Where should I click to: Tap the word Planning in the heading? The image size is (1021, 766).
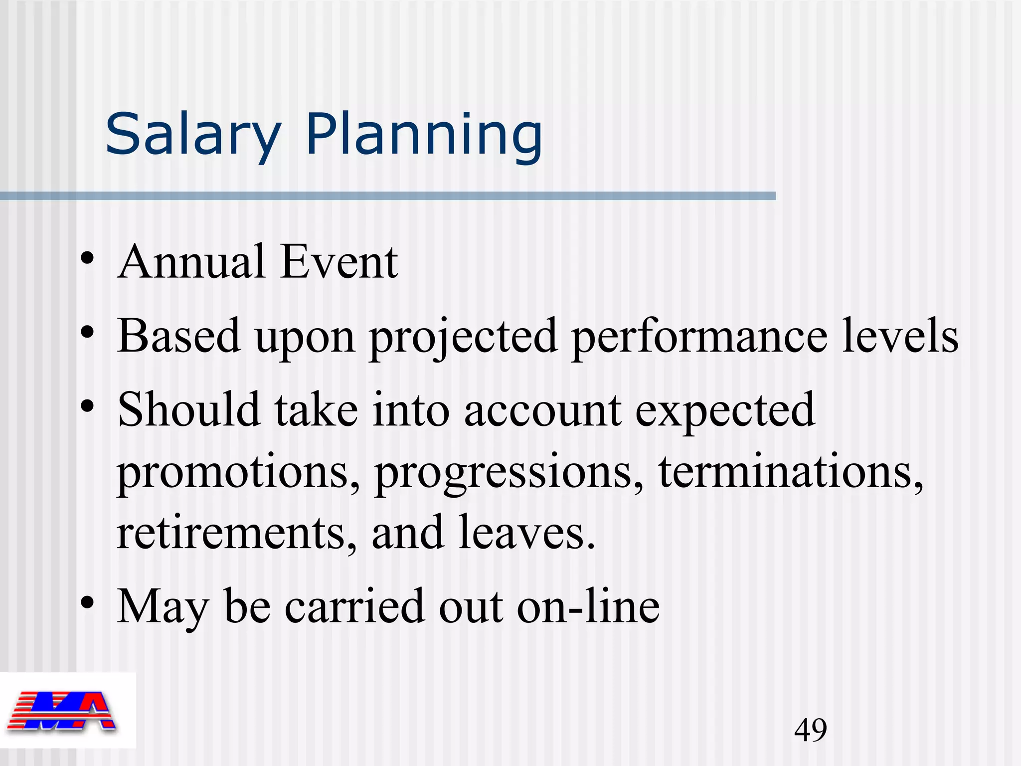(424, 135)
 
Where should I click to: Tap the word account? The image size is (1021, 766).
(543, 410)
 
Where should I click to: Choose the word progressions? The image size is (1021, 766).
(509, 474)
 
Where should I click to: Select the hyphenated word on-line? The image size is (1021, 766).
(588, 606)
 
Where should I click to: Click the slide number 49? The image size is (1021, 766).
(811, 730)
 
